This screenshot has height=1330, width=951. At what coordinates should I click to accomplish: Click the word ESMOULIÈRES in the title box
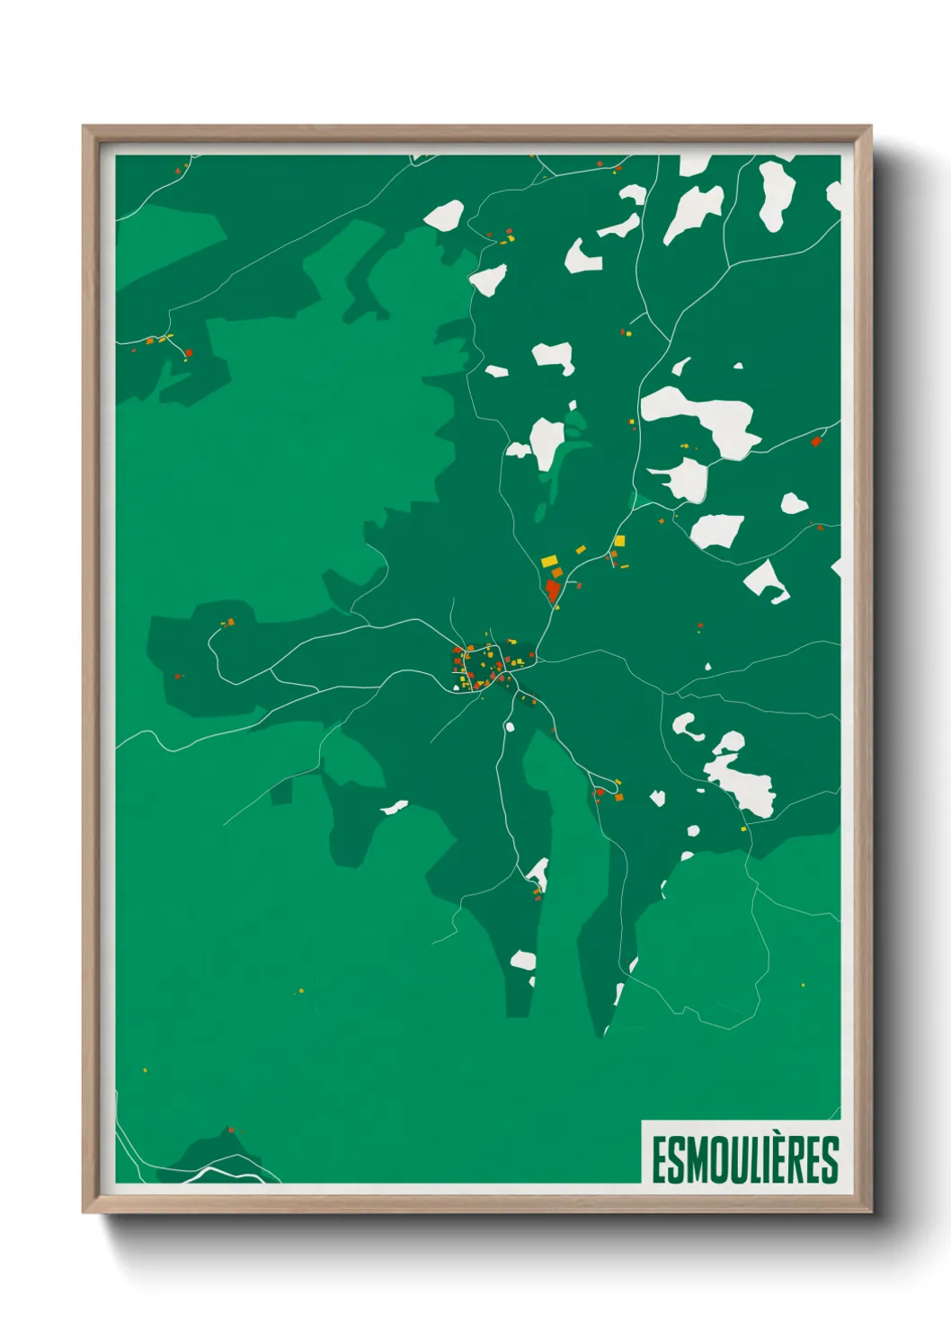[744, 1159]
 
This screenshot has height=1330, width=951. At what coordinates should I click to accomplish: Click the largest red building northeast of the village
[552, 590]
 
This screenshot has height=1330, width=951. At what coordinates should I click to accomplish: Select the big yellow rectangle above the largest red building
[548, 561]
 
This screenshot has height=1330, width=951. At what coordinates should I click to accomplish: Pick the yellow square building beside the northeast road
[619, 541]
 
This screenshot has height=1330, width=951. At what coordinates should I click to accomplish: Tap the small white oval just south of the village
[510, 726]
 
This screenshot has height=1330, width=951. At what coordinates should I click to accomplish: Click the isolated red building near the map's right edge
[815, 441]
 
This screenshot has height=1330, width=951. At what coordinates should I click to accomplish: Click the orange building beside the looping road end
[618, 796]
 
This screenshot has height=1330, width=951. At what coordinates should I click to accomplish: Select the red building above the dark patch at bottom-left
[230, 1130]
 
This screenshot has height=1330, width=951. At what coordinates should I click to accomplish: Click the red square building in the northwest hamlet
[188, 352]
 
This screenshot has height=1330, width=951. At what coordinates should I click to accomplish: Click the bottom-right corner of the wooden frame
[870, 1211]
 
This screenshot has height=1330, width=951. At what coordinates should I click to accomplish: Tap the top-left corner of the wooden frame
[84, 127]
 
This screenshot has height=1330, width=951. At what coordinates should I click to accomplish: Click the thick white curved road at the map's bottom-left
[216, 1174]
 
